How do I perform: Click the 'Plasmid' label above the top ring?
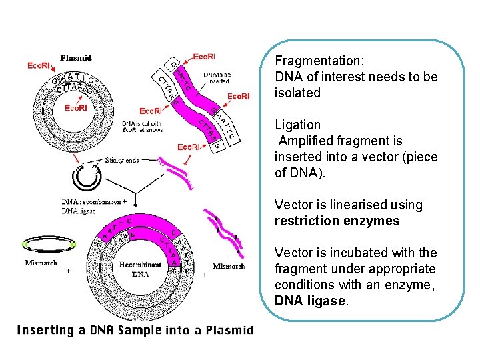click(x=75, y=58)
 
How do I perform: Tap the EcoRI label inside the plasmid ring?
click(x=75, y=108)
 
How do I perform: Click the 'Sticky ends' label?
click(x=122, y=160)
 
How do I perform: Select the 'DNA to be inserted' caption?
click(x=217, y=78)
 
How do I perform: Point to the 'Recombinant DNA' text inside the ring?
click(x=139, y=269)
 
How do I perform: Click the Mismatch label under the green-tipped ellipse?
click(x=41, y=263)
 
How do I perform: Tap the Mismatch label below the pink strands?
click(x=229, y=267)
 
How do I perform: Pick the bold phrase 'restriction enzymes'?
click(x=337, y=221)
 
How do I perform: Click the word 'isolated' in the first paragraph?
click(x=297, y=93)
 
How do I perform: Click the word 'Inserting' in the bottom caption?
click(x=45, y=329)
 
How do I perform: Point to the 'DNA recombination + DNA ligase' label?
click(x=93, y=206)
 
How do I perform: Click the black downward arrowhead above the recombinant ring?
click(x=135, y=204)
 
